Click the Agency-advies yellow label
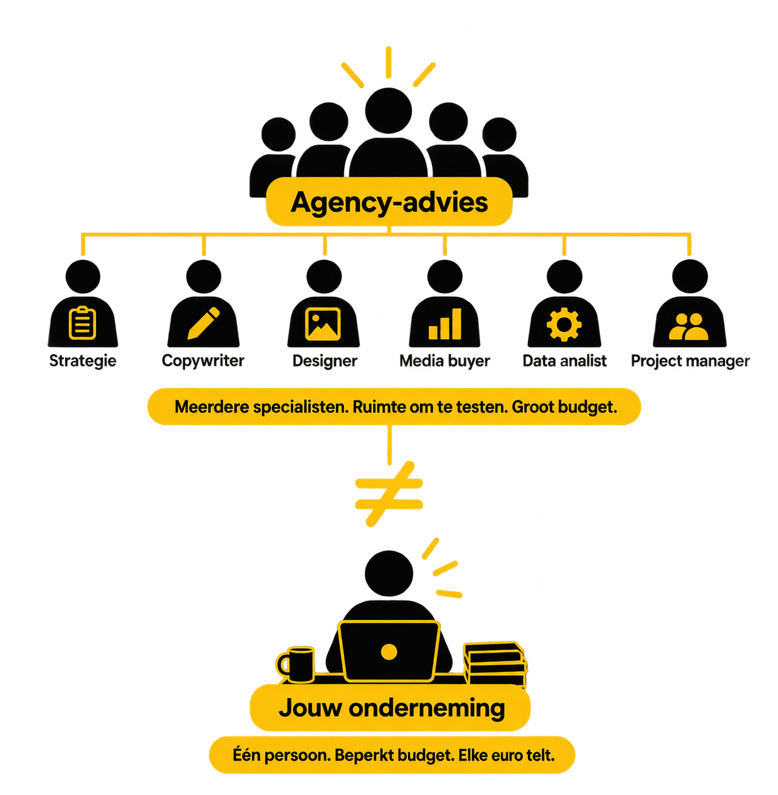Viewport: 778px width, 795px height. [x=389, y=201]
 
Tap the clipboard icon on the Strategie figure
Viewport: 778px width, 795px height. [x=82, y=323]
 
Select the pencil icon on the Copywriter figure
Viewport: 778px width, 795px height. [x=204, y=323]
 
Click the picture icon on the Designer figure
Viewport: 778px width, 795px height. [x=323, y=324]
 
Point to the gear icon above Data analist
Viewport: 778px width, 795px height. [x=564, y=324]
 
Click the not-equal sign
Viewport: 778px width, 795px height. [x=389, y=493]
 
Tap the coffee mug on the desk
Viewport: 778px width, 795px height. [x=295, y=664]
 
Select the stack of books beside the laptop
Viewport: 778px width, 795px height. [x=495, y=664]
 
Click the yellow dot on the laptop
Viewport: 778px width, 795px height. [x=389, y=652]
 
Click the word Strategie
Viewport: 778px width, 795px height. [x=83, y=361]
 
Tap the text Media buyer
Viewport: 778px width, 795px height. [x=444, y=361]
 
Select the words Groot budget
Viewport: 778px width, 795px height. [x=564, y=407]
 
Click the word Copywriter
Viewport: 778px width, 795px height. [x=203, y=361]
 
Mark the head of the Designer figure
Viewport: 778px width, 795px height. [x=324, y=277]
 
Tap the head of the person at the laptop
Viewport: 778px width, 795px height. [x=389, y=574]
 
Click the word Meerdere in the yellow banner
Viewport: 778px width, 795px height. [x=212, y=407]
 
